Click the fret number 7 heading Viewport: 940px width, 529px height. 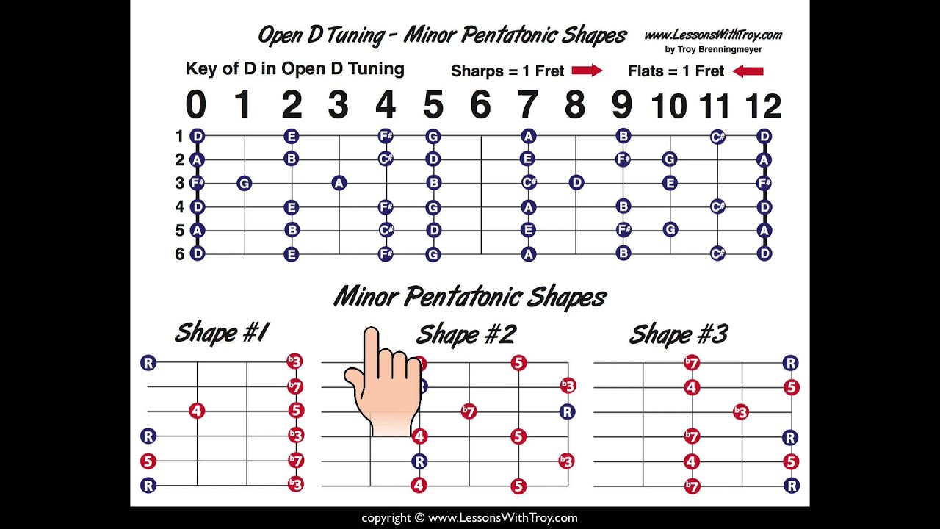pos(527,104)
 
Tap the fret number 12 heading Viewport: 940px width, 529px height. pos(763,105)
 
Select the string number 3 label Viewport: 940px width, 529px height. pos(180,183)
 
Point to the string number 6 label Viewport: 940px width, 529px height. pos(180,254)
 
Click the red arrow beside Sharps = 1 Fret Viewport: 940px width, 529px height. pos(587,71)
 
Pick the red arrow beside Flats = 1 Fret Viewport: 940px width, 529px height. pos(748,71)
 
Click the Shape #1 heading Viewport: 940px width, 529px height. pos(222,333)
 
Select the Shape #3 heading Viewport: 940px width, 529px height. pos(679,334)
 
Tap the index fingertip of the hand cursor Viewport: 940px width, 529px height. pos(371,331)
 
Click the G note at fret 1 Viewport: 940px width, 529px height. pos(244,183)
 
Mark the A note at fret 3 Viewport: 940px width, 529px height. pos(339,183)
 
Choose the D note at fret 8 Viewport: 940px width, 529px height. pos(576,183)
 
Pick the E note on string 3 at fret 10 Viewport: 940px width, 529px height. pos(670,183)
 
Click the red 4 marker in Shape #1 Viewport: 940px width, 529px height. pos(197,411)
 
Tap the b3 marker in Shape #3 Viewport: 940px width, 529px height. pos(741,412)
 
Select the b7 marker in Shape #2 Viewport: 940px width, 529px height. pos(469,411)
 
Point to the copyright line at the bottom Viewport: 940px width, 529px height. pos(469,518)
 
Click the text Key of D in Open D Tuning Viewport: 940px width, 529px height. pos(295,69)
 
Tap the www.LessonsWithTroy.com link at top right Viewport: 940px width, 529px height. pos(713,35)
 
